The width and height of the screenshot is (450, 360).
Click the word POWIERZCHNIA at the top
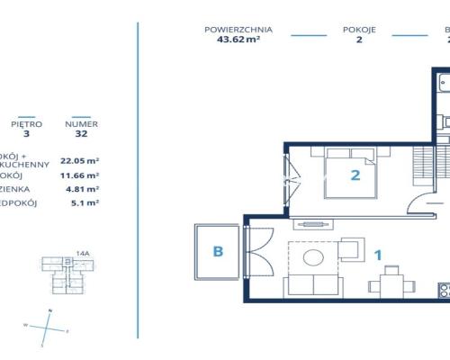click(x=238, y=29)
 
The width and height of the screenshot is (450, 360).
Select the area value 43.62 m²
click(x=238, y=40)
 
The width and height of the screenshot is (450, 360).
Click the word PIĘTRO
click(x=26, y=124)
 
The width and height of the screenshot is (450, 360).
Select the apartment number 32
click(x=82, y=135)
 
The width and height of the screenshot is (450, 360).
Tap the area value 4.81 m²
click(x=79, y=189)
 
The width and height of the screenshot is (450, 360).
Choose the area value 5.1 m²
click(x=79, y=203)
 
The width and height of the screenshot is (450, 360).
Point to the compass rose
click(x=49, y=326)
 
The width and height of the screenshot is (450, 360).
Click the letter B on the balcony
click(x=217, y=252)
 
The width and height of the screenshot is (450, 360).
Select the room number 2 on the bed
click(x=355, y=175)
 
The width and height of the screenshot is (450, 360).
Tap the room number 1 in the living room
click(x=378, y=255)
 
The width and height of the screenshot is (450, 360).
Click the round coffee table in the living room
click(x=314, y=259)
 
